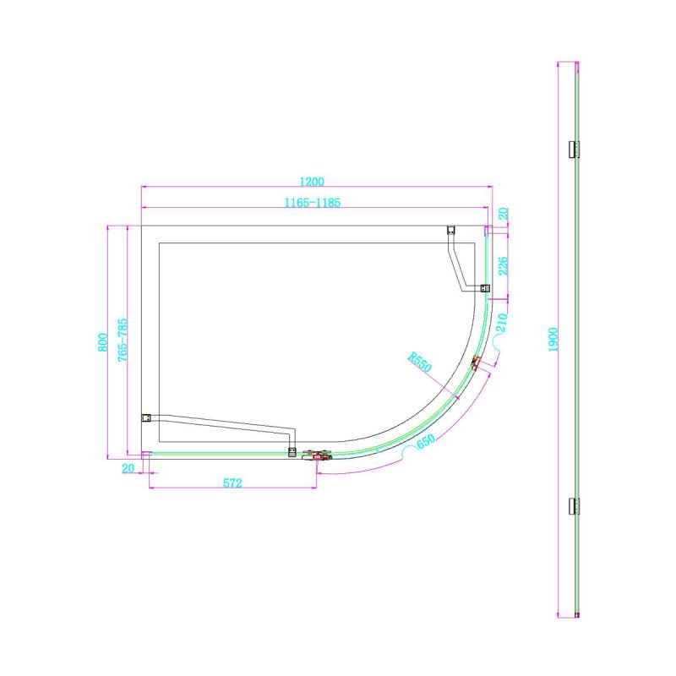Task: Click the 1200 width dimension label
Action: pyautogui.click(x=313, y=181)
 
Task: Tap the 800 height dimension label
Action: pyautogui.click(x=101, y=341)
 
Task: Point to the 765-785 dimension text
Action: pyautogui.click(x=123, y=341)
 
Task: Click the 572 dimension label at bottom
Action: pyautogui.click(x=232, y=483)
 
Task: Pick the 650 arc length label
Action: pyautogui.click(x=425, y=442)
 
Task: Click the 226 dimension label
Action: pyautogui.click(x=503, y=266)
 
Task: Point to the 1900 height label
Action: pyautogui.click(x=553, y=341)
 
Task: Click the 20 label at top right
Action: pyautogui.click(x=503, y=215)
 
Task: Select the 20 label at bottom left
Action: pyautogui.click(x=129, y=468)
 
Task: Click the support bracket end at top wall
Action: pyautogui.click(x=450, y=230)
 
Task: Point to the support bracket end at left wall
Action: pyautogui.click(x=145, y=417)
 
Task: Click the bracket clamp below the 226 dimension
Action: pyautogui.click(x=483, y=288)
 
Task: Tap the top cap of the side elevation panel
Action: pyautogui.click(x=572, y=63)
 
